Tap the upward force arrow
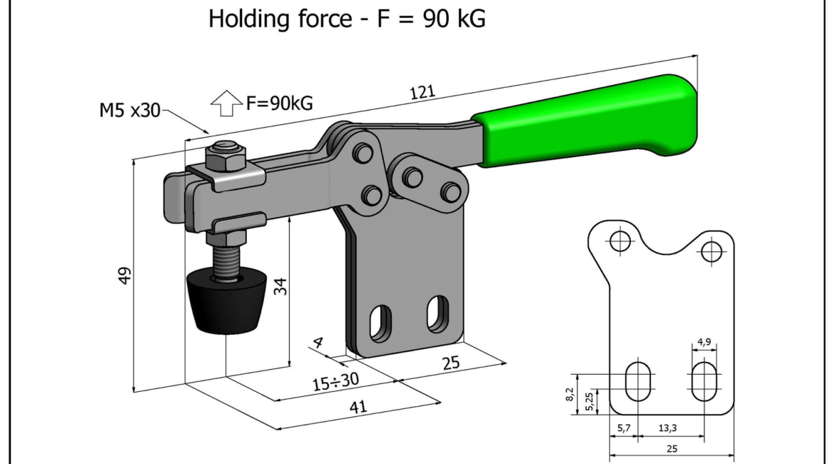(226, 104)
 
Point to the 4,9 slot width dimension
(704, 342)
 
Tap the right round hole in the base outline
(712, 251)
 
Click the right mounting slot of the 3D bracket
(436, 314)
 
